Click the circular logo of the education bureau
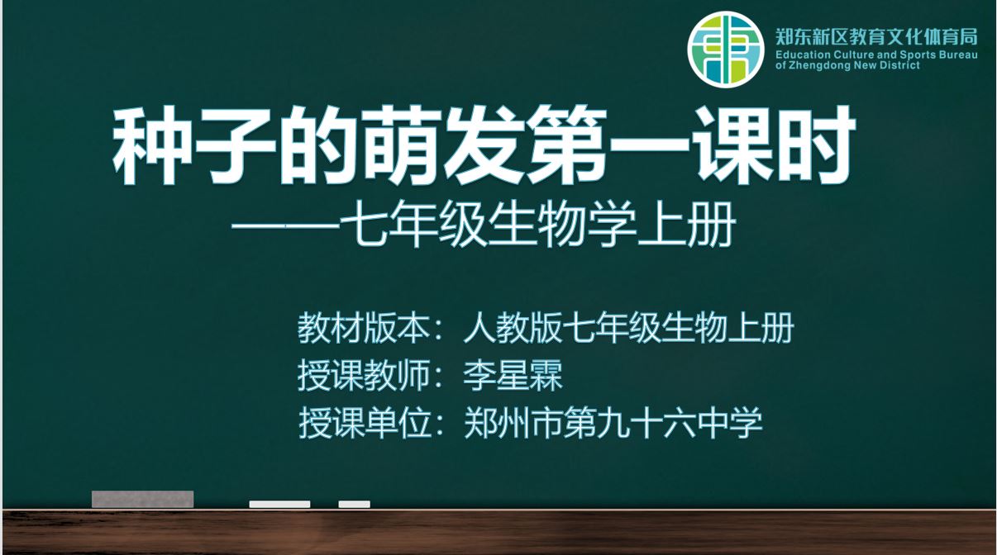click(x=726, y=50)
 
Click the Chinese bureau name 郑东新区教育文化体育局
click(x=876, y=36)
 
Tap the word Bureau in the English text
click(x=958, y=55)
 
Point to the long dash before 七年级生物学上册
click(x=285, y=226)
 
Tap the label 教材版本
click(x=364, y=328)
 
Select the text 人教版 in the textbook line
click(x=513, y=328)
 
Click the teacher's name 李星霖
click(x=513, y=376)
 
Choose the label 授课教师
click(x=364, y=376)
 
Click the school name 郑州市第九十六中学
click(x=613, y=423)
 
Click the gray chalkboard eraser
click(x=142, y=499)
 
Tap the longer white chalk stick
click(x=279, y=505)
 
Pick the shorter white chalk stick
click(x=355, y=505)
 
